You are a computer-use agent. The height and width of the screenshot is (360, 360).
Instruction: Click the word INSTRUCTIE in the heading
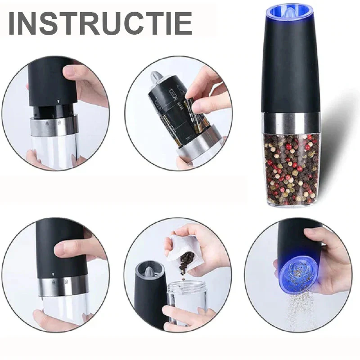point(100,23)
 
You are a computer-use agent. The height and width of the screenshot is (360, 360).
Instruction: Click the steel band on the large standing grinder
point(292,123)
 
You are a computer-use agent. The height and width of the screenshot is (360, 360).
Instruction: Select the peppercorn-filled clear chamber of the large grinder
point(292,170)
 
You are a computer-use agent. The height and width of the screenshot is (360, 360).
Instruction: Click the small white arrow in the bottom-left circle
point(53,274)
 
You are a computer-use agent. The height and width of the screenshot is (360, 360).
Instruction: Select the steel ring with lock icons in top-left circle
point(54,126)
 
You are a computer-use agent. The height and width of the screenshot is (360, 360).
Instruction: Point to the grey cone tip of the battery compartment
point(155,77)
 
